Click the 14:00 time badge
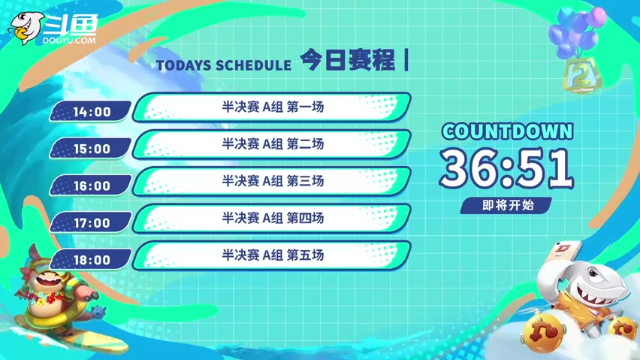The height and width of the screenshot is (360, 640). pos(91,111)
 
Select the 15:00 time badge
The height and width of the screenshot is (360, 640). pos(91,148)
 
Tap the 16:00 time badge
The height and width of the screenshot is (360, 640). pos(91,185)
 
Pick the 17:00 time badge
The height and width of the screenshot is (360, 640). pos(91,222)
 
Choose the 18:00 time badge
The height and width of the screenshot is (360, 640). pos(91,259)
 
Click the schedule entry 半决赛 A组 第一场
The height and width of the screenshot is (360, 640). pos(272,107)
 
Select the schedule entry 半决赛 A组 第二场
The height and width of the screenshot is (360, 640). pos(272,144)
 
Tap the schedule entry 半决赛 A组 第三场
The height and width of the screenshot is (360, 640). pos(272,181)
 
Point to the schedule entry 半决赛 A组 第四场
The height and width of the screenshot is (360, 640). pos(272,218)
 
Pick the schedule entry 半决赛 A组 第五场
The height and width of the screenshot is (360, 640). pos(272,255)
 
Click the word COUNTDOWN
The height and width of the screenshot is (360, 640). pos(508,131)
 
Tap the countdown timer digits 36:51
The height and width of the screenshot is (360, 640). pos(508,168)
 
